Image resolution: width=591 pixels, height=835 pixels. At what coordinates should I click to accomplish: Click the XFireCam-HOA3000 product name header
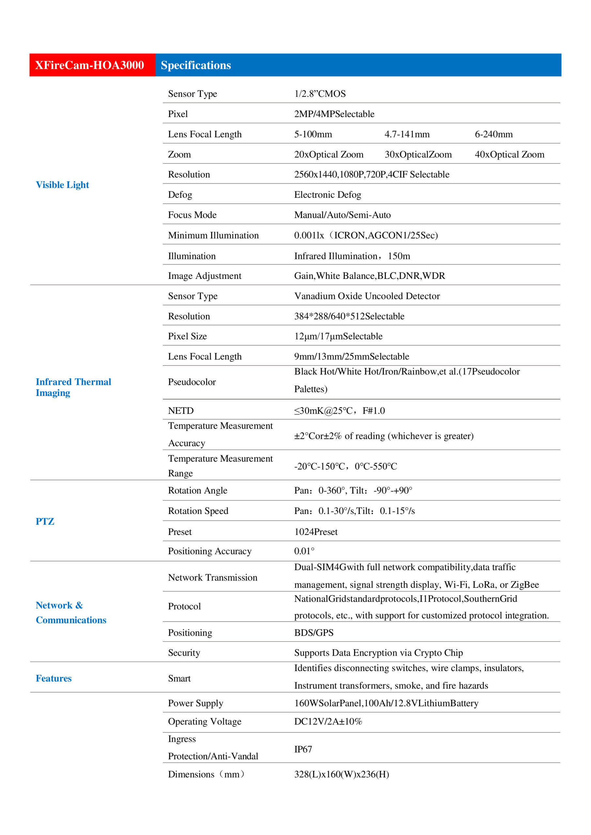pos(89,65)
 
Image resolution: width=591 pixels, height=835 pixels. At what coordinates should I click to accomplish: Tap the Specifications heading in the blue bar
pos(196,65)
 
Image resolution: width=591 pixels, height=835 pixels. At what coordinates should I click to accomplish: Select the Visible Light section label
pos(62,185)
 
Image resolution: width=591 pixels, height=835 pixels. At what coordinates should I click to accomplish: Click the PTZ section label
pos(45,521)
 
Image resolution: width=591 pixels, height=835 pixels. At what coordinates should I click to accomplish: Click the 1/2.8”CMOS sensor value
pos(320,94)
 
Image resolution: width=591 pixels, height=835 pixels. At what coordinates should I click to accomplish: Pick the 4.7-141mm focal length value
pos(407,134)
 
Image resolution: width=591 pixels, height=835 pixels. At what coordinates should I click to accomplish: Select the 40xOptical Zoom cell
pos(509,155)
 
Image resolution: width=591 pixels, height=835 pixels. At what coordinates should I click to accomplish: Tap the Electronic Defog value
pos(328,195)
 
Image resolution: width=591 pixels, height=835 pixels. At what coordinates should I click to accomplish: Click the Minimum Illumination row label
pos(213,235)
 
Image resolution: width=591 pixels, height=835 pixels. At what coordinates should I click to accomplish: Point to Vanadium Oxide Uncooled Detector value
pos(367,296)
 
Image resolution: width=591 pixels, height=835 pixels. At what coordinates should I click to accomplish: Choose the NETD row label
pos(180,411)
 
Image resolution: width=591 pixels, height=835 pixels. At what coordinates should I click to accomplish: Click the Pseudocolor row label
pos(192,382)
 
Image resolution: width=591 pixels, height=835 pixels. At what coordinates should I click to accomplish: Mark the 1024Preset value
pos(316,532)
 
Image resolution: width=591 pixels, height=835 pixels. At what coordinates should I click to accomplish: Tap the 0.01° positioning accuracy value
pos(304,551)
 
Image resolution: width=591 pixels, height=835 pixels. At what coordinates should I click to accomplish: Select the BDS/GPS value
pos(314,632)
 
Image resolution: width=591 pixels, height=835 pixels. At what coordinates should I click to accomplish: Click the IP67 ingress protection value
pos(303,749)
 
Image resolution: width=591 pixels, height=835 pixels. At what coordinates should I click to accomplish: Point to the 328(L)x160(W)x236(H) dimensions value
pos(341,774)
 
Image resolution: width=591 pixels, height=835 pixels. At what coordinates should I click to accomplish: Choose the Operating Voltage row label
pos(205,721)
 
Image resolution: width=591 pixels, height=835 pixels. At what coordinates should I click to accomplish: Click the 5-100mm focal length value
pos(313,134)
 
